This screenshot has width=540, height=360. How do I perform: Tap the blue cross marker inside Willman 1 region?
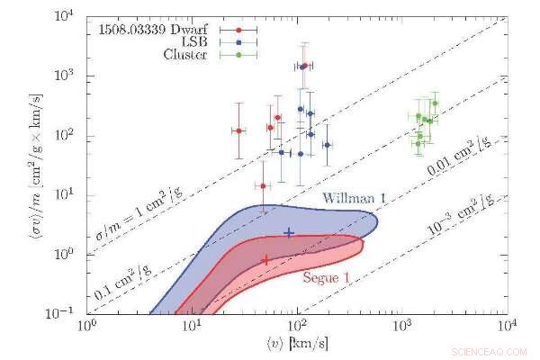pyautogui.click(x=289, y=232)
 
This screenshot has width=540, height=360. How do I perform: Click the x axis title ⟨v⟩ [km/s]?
pyautogui.click(x=297, y=345)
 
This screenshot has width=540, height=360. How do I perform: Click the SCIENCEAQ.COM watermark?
pyautogui.click(x=494, y=347)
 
